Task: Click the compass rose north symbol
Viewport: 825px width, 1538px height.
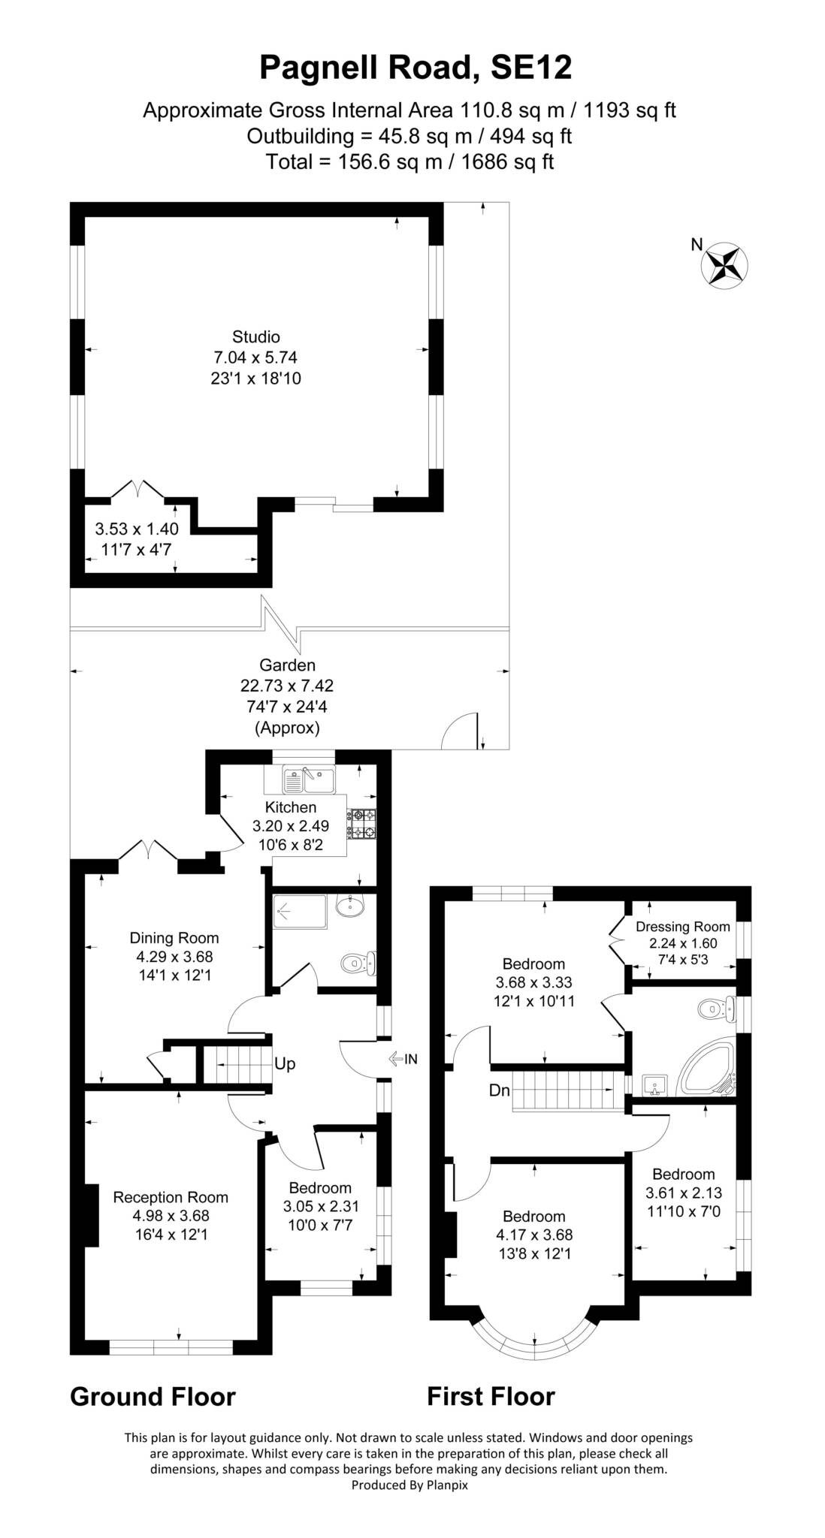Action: pos(726,264)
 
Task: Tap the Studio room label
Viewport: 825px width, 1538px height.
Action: pos(255,336)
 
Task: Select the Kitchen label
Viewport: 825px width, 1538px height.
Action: pos(291,807)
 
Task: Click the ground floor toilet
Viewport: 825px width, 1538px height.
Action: pos(358,962)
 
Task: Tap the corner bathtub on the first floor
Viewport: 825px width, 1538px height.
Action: pos(707,1068)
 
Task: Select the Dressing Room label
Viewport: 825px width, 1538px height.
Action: pos(682,926)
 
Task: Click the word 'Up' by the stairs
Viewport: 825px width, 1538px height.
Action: pos(285,1064)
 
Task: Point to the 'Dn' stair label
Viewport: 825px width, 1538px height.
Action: pos(500,1090)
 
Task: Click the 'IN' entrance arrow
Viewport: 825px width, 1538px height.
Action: pos(403,1059)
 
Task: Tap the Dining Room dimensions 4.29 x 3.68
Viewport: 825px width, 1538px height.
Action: pos(174,957)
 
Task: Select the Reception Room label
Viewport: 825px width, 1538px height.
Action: pos(171,1197)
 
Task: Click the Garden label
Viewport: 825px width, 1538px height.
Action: pos(287,665)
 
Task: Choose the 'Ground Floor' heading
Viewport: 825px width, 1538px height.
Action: pos(153,1396)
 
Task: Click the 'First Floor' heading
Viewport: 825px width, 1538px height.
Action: pos(491,1396)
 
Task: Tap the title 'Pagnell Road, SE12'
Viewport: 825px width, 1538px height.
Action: pos(416,67)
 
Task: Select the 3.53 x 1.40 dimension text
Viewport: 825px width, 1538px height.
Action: pos(137,529)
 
